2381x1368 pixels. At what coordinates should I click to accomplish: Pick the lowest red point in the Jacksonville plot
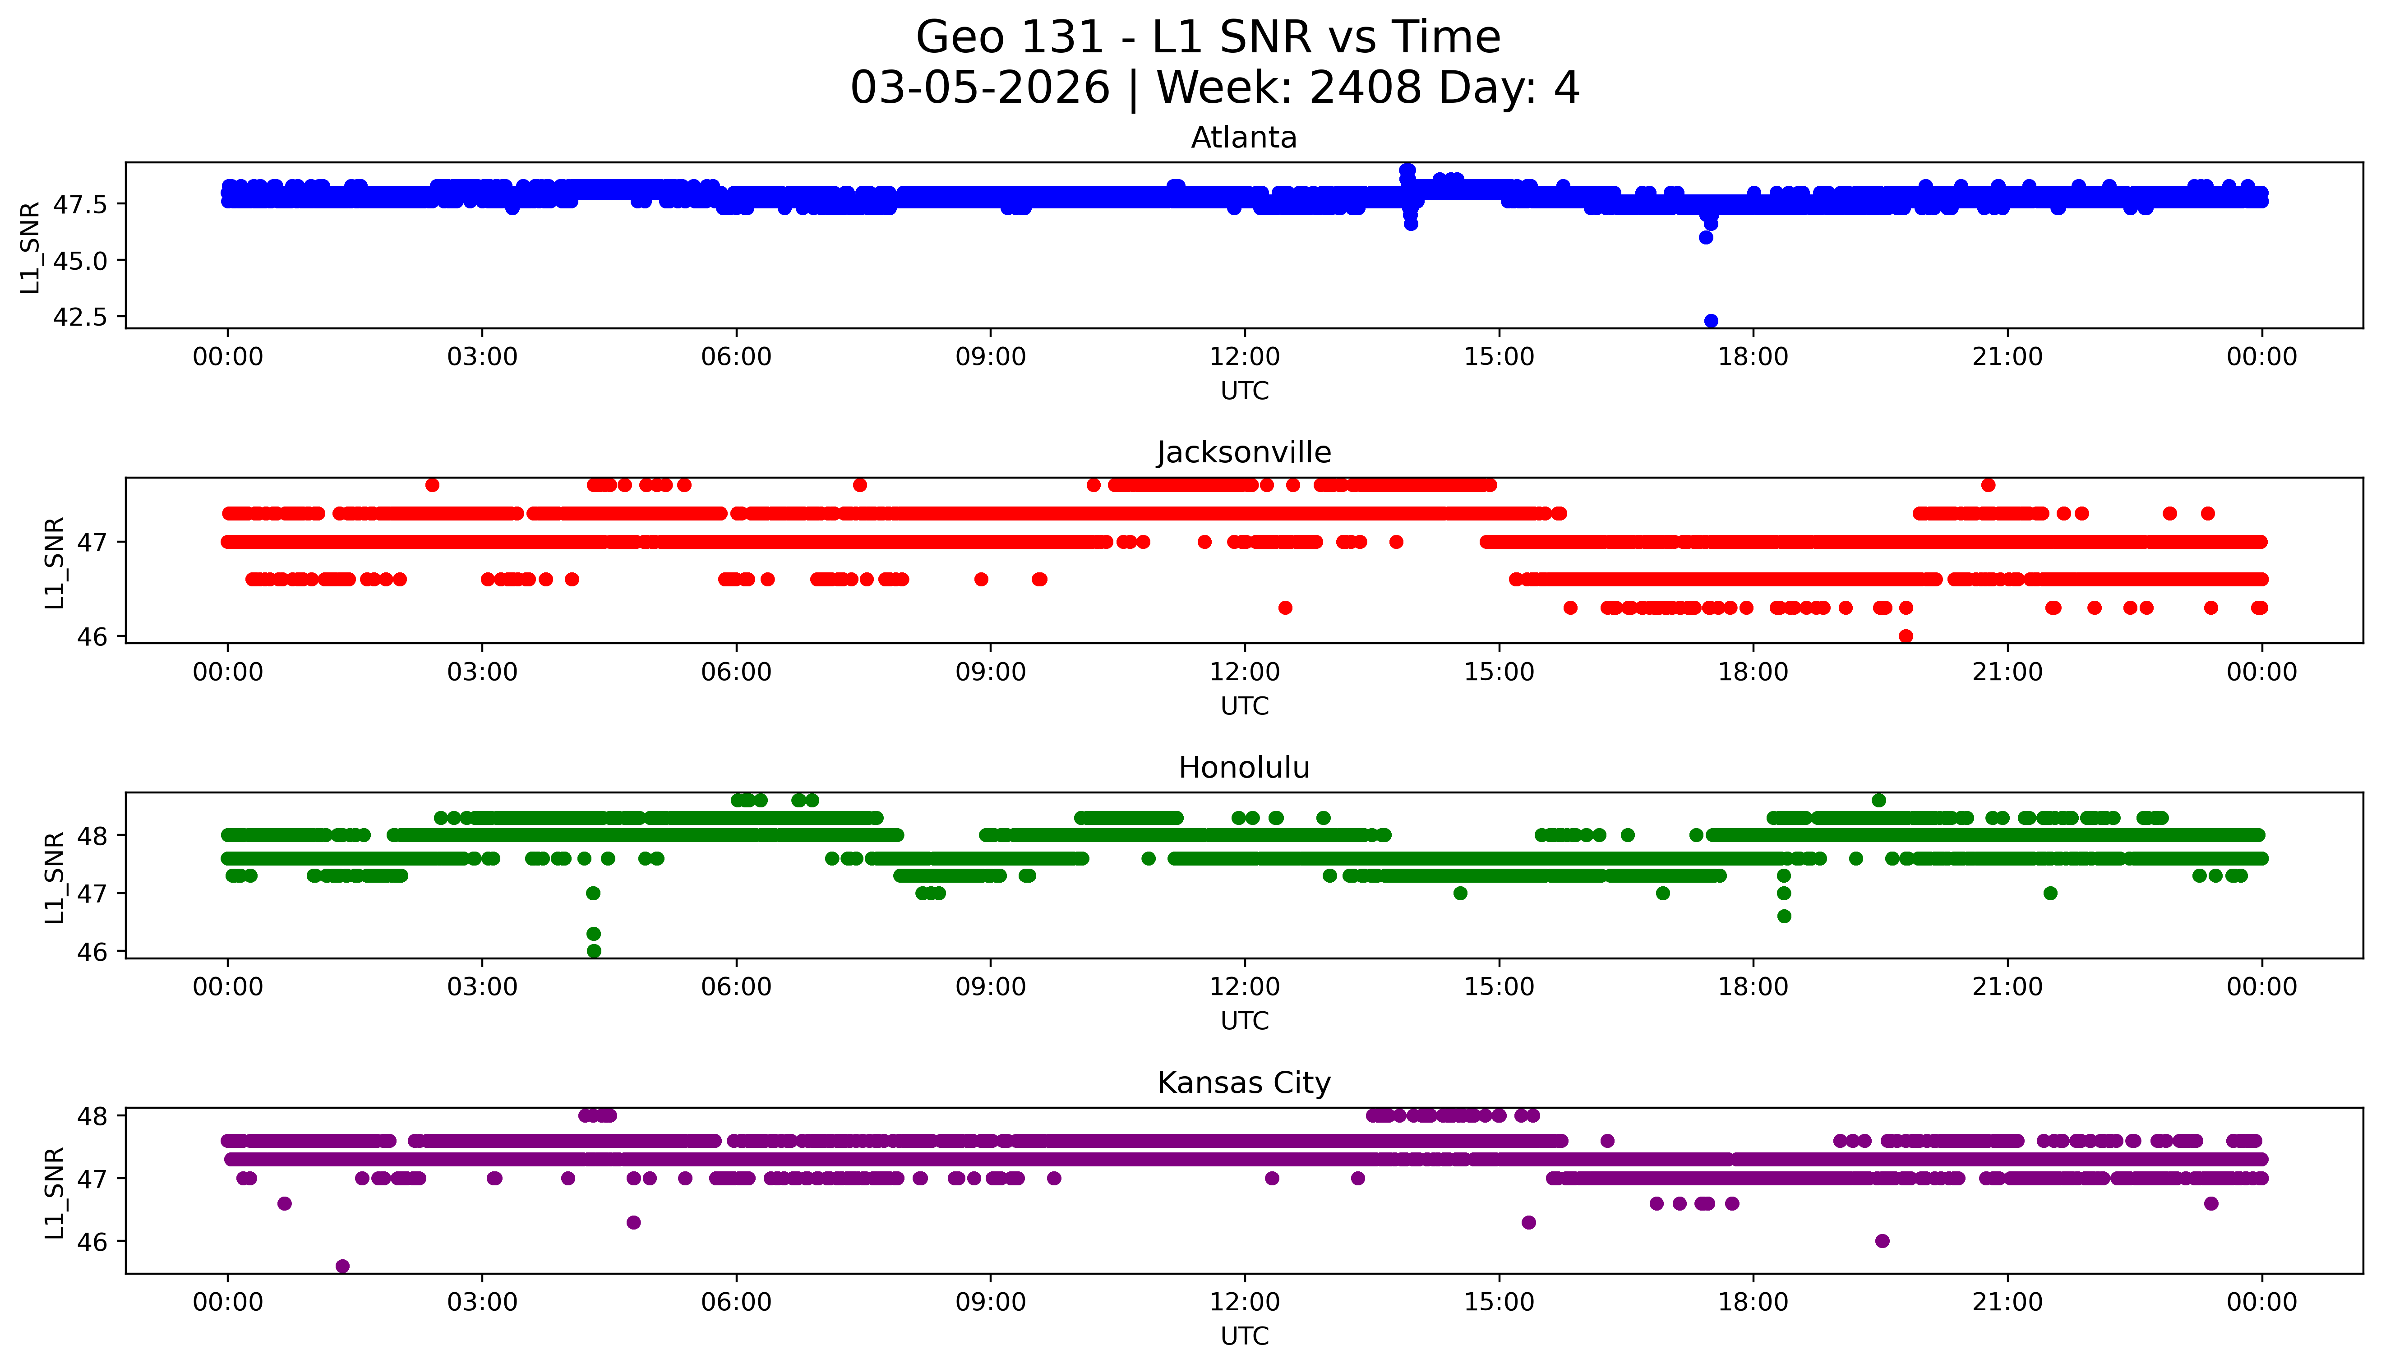point(1906,636)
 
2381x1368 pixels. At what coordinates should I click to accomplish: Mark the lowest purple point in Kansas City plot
point(342,1267)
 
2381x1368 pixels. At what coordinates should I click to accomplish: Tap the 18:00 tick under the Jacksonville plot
point(1753,672)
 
